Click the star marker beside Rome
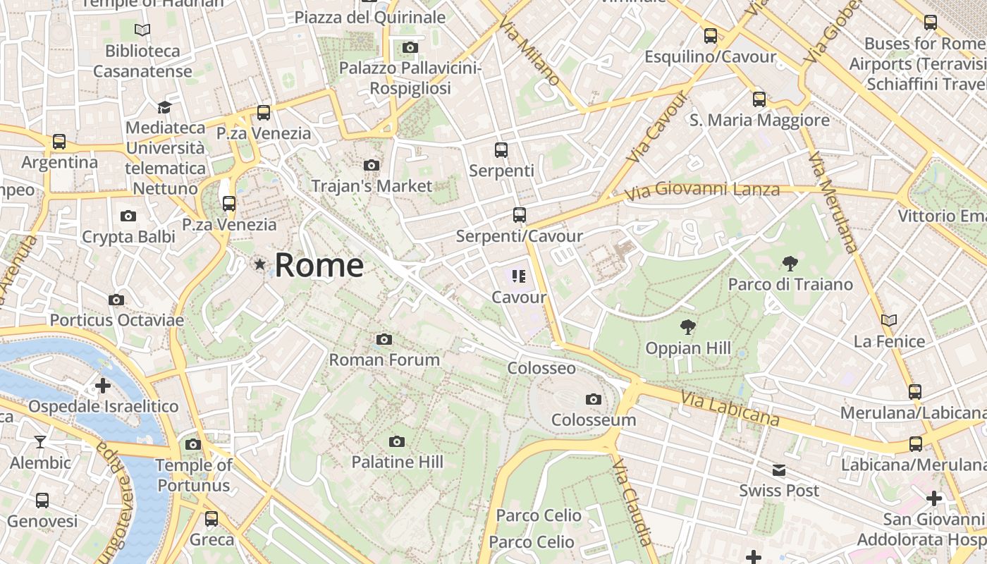click(x=260, y=265)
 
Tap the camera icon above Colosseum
click(x=594, y=400)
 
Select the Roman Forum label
click(x=384, y=360)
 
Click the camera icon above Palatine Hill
click(x=397, y=441)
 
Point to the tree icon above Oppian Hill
click(x=687, y=327)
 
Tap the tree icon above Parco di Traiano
click(x=790, y=264)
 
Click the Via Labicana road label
click(x=730, y=409)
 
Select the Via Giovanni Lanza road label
click(x=702, y=190)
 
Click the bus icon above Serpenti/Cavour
click(x=520, y=215)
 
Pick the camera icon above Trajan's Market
click(x=371, y=166)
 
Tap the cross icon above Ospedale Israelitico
click(x=103, y=386)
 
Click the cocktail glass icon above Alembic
click(x=40, y=442)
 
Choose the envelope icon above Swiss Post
click(x=779, y=470)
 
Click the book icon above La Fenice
click(x=889, y=320)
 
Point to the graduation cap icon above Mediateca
click(x=164, y=107)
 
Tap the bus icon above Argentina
click(x=59, y=142)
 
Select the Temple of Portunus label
click(x=193, y=475)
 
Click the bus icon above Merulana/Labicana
click(x=915, y=391)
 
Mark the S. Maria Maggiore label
click(x=759, y=121)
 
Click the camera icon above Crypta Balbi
click(x=128, y=216)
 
